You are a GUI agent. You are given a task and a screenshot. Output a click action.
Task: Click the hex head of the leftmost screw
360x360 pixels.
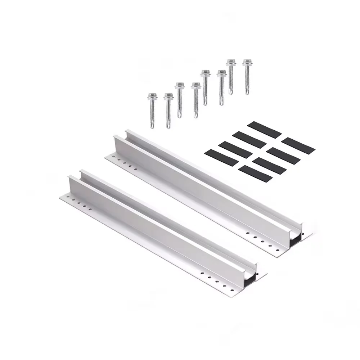click(x=153, y=96)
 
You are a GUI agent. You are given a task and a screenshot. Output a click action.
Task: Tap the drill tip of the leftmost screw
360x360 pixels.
click(x=153, y=126)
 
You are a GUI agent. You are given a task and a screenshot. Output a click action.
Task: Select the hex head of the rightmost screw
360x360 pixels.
click(x=247, y=62)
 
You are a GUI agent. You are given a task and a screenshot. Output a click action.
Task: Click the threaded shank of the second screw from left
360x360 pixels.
click(x=168, y=112)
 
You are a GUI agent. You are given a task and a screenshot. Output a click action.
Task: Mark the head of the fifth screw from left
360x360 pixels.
click(x=205, y=73)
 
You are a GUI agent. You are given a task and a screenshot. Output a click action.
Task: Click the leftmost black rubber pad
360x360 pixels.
click(x=221, y=158)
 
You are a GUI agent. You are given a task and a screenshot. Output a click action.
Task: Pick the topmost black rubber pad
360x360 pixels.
click(x=264, y=130)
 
